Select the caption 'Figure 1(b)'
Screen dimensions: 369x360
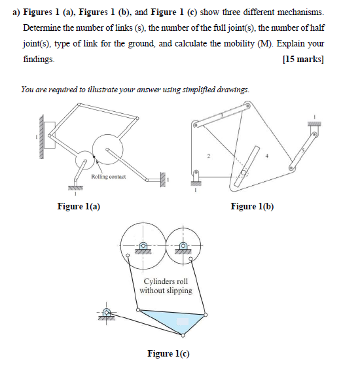252,207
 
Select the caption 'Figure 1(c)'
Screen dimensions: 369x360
168,353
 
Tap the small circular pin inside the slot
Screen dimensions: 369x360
244,172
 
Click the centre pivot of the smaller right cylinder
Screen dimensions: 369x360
183,247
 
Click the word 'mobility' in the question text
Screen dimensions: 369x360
269,44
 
